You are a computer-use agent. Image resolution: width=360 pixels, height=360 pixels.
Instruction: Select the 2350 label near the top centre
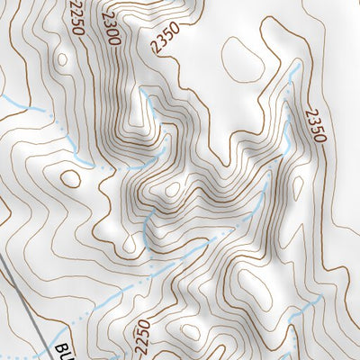(167, 38)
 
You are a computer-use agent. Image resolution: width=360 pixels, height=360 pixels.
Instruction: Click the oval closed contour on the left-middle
(69, 177)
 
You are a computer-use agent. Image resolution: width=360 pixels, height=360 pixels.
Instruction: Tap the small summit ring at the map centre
(172, 191)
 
